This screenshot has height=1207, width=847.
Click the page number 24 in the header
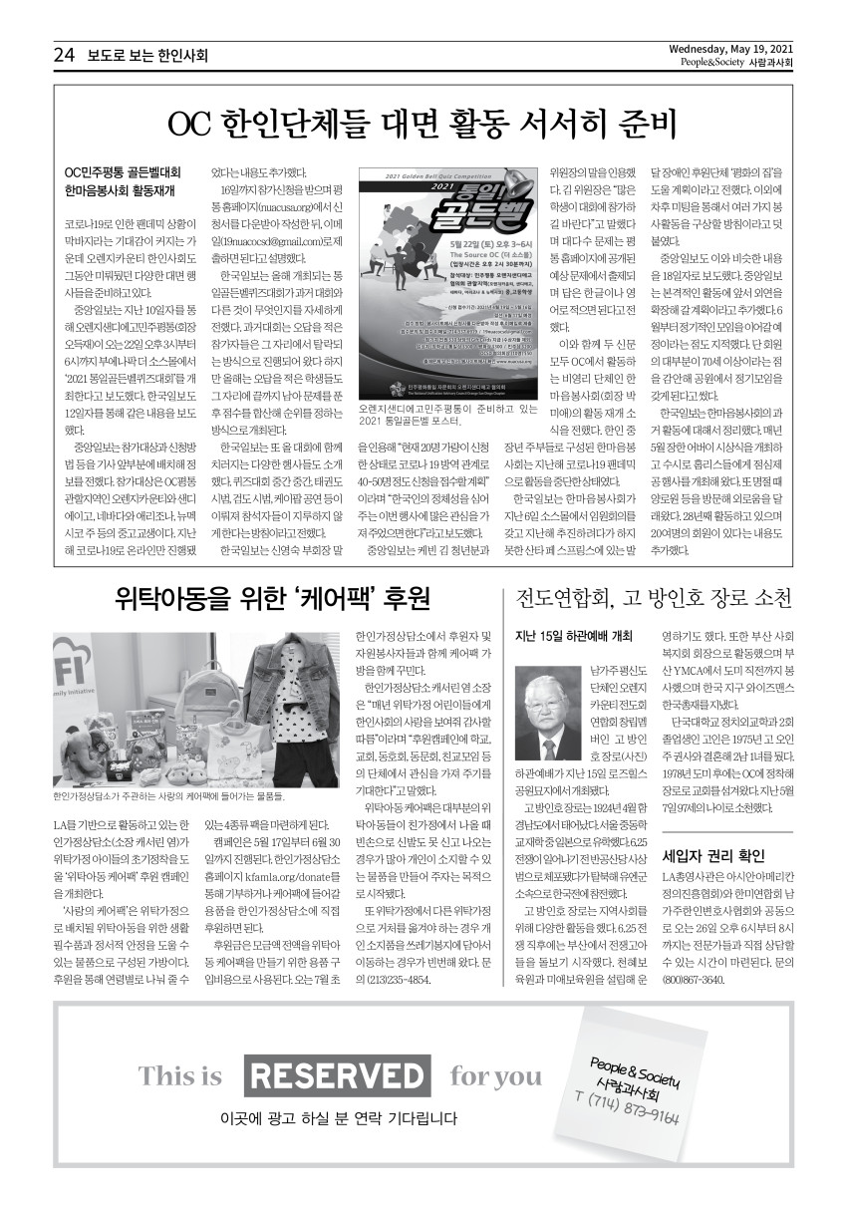(x=64, y=56)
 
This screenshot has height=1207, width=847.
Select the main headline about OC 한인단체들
(x=423, y=124)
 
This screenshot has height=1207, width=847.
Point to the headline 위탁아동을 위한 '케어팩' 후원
(x=272, y=598)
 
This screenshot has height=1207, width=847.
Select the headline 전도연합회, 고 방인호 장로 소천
(x=654, y=598)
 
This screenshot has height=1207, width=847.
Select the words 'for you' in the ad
(x=496, y=1076)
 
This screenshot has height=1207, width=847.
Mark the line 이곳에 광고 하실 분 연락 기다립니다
(x=331, y=1118)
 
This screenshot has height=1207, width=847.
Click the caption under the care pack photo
(x=169, y=797)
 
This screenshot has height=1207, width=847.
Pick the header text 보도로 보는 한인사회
(x=147, y=56)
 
